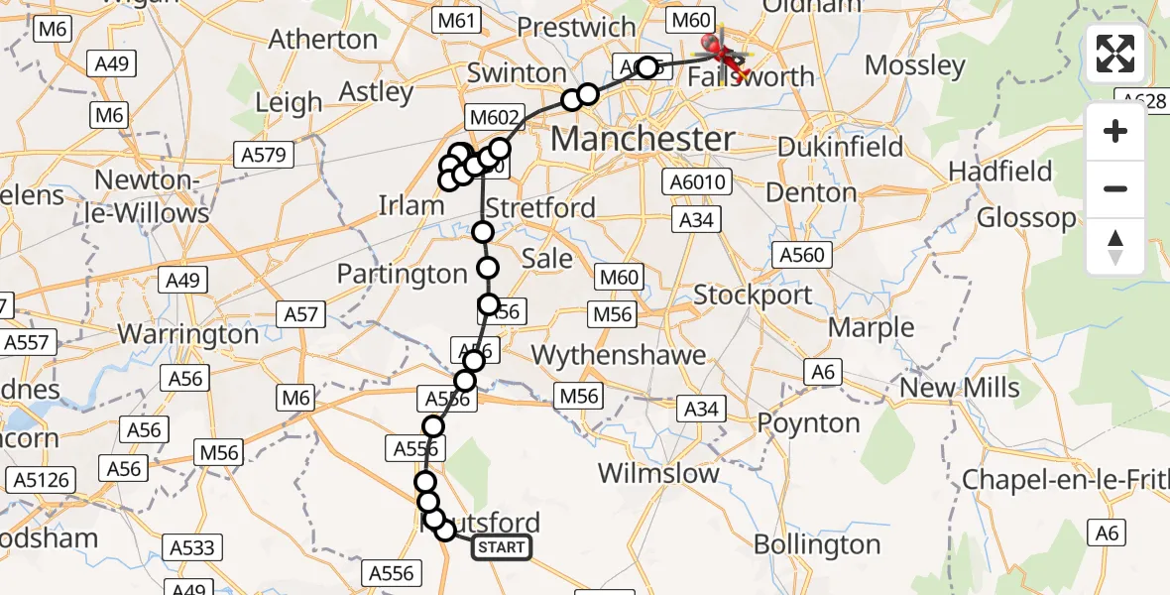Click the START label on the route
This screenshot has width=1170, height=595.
click(x=502, y=547)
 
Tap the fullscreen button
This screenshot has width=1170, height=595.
click(x=1115, y=55)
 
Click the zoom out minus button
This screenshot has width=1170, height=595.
click(x=1115, y=188)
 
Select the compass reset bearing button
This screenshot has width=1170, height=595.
click(x=1115, y=247)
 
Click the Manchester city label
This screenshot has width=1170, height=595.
click(x=643, y=138)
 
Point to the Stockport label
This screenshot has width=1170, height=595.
click(x=753, y=295)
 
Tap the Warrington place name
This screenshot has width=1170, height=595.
click(x=188, y=334)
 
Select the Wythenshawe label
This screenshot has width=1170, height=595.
click(x=619, y=355)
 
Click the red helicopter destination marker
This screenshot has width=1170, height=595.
click(x=714, y=43)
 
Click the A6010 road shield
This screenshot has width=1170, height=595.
click(x=699, y=182)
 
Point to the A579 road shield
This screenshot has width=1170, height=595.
click(x=262, y=155)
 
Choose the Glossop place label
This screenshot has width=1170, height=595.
click(x=1026, y=218)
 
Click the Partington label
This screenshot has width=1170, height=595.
click(x=403, y=274)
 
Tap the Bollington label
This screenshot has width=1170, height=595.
click(x=817, y=544)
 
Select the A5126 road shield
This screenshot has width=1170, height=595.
click(x=39, y=481)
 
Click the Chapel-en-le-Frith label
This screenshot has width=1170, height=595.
click(x=1065, y=480)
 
